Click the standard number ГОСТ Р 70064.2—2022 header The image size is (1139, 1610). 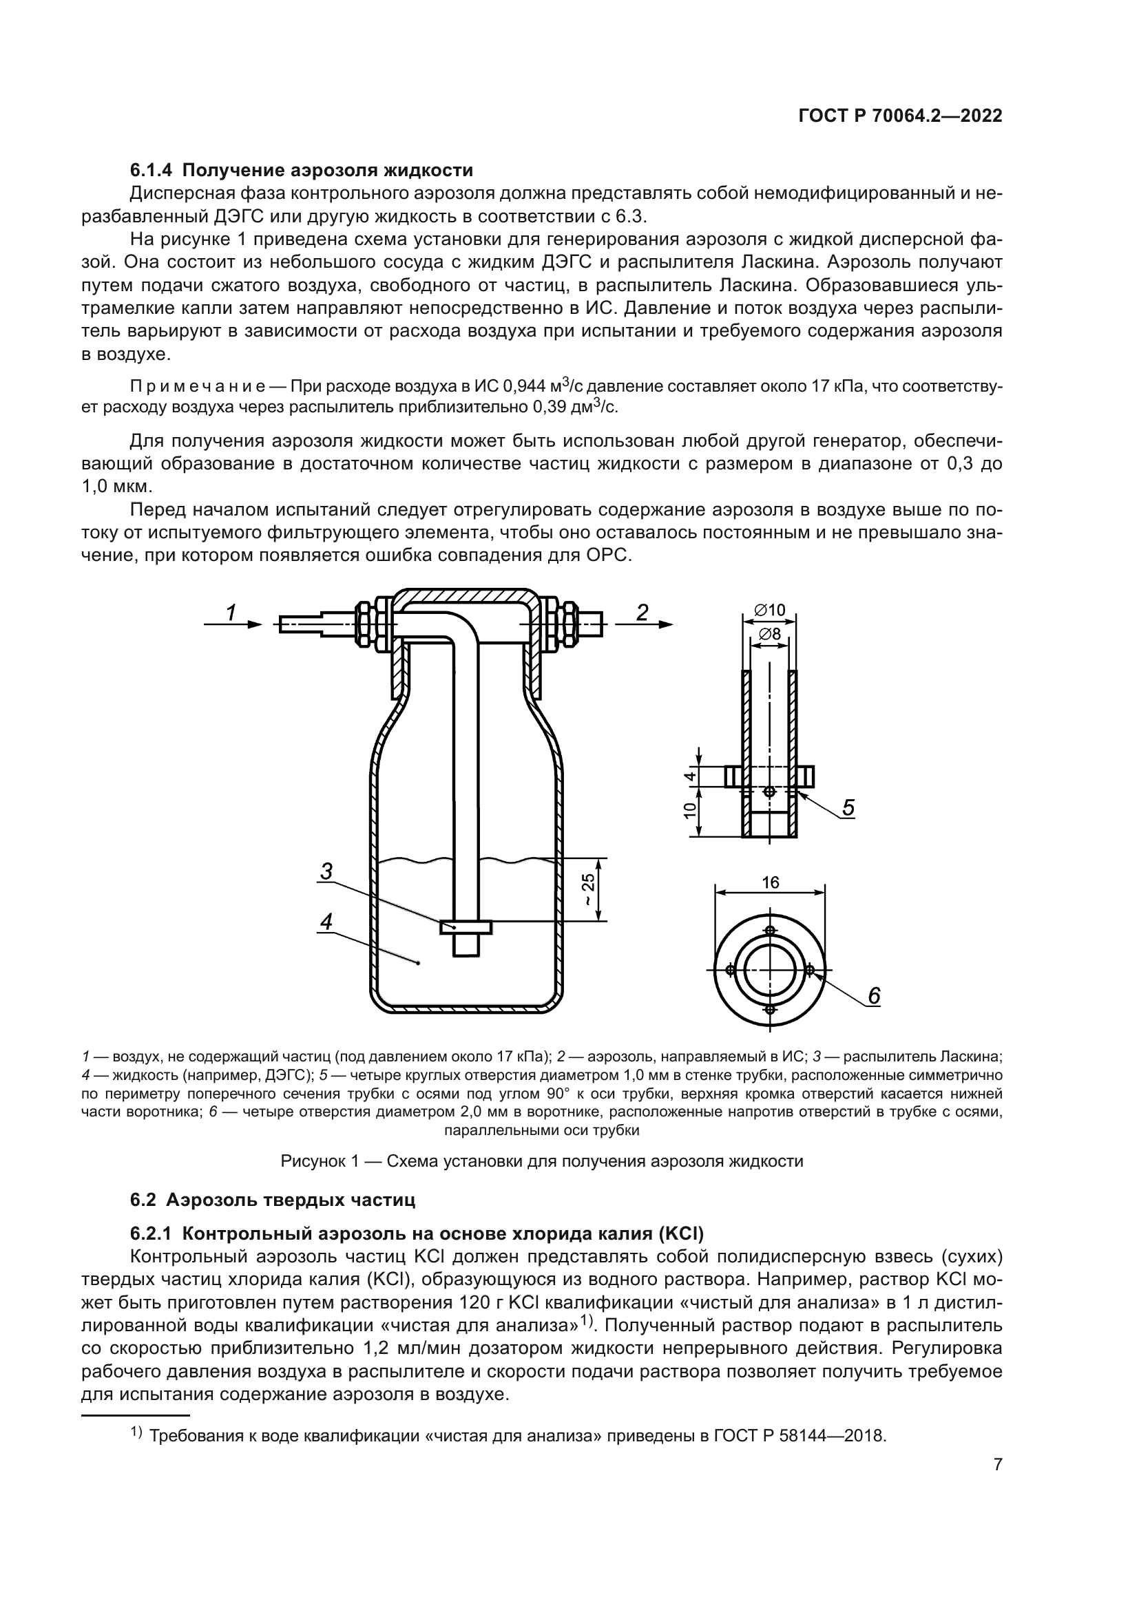pyautogui.click(x=900, y=116)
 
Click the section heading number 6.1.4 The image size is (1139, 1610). pyautogui.click(x=152, y=170)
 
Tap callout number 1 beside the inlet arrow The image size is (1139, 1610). pyautogui.click(x=230, y=613)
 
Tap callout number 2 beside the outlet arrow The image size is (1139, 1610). pyautogui.click(x=642, y=613)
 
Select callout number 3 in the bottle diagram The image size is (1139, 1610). pyautogui.click(x=326, y=871)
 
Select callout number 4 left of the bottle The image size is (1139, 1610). pyautogui.click(x=326, y=922)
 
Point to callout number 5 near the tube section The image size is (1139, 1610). pyautogui.click(x=848, y=808)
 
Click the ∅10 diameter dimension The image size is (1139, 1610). pyautogui.click(x=769, y=610)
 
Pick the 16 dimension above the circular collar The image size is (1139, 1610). pyautogui.click(x=770, y=883)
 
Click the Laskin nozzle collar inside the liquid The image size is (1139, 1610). pyautogui.click(x=466, y=927)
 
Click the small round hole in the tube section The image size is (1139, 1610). pyautogui.click(x=769, y=792)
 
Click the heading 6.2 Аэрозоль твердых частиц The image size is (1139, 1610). pyautogui.click(x=273, y=1200)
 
